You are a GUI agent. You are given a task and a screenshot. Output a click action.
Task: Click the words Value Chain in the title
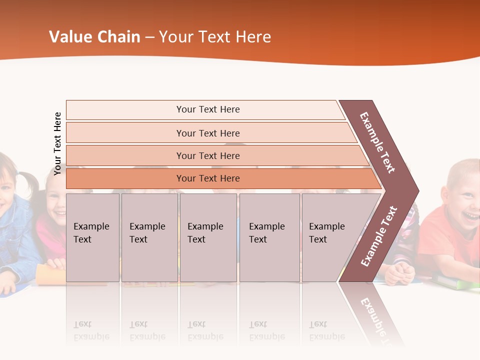coord(94,37)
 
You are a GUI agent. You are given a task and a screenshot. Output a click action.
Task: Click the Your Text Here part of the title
coord(215,37)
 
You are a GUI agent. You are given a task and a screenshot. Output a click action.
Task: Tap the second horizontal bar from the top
coord(208,133)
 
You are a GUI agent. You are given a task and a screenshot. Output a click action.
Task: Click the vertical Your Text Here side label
coord(58,143)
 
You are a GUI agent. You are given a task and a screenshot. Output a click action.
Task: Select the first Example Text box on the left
coord(92,237)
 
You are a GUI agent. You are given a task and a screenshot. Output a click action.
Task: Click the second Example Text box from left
coord(149,237)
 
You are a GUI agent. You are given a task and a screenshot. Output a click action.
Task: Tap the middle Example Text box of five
coord(208,237)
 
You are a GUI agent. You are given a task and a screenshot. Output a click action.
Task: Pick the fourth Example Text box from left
coord(269,237)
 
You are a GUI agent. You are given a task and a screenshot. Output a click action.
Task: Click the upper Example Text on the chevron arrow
coord(377,142)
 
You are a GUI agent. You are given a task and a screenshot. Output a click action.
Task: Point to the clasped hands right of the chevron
coord(400,272)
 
